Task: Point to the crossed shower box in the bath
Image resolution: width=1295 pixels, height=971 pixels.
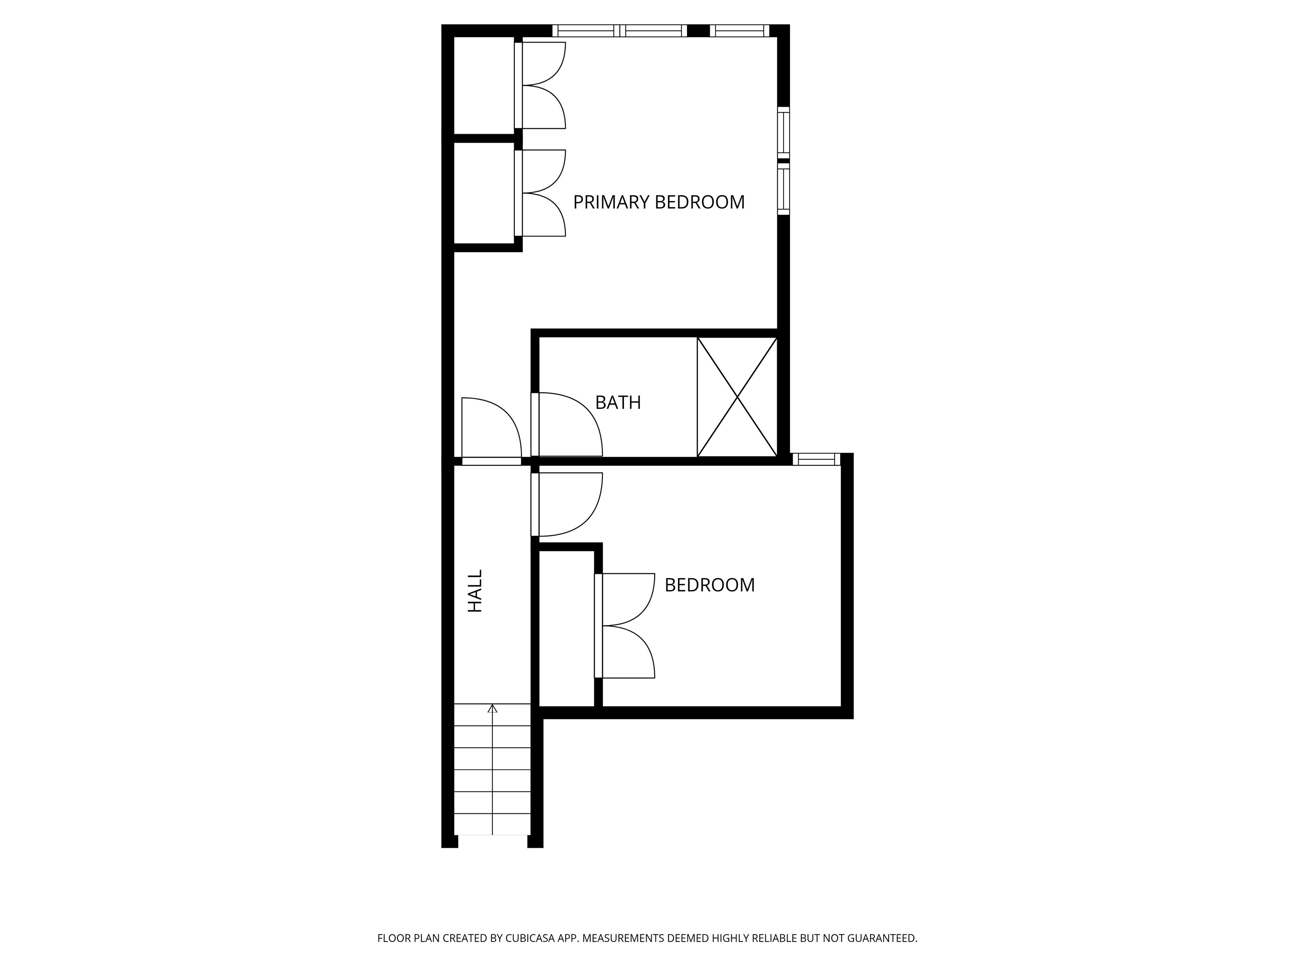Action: (x=737, y=397)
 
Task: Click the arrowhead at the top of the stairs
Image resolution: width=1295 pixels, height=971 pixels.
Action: (x=492, y=709)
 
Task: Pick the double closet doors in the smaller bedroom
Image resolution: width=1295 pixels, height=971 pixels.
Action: (x=625, y=626)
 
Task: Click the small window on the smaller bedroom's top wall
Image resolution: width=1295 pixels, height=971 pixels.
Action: (x=816, y=459)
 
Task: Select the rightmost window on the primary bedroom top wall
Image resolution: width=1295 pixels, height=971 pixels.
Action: (x=739, y=30)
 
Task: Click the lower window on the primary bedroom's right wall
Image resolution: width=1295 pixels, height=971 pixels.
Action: (x=783, y=189)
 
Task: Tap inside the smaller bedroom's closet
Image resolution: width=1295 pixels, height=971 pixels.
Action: (x=566, y=629)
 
